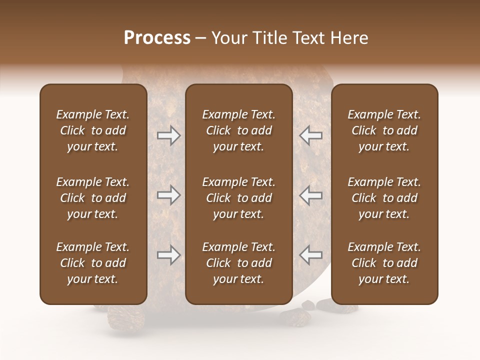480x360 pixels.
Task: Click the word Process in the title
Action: click(157, 38)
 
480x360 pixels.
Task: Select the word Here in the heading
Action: click(349, 38)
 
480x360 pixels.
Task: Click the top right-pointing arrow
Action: click(169, 135)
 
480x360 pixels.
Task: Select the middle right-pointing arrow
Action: click(169, 195)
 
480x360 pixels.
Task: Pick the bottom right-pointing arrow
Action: click(169, 255)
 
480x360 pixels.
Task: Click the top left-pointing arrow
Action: click(310, 135)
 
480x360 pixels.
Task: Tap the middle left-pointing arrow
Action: click(310, 195)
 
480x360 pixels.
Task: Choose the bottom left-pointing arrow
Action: click(310, 255)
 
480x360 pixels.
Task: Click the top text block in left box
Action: click(93, 130)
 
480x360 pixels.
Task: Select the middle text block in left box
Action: click(93, 198)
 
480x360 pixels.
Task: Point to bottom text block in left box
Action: click(93, 263)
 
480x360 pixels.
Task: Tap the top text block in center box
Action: click(239, 130)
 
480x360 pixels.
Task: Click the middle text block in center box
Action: click(239, 198)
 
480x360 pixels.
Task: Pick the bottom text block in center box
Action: click(239, 263)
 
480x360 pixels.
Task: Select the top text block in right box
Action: click(384, 130)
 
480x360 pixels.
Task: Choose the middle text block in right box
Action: click(384, 198)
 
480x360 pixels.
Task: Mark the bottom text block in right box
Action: click(384, 263)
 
